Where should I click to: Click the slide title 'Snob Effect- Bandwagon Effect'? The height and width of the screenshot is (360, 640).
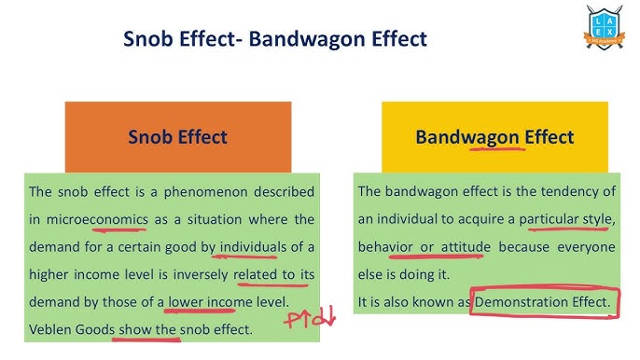click(x=275, y=39)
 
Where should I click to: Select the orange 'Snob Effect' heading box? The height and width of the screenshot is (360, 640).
click(x=177, y=137)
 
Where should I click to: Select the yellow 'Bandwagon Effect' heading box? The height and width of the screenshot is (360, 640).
click(x=494, y=137)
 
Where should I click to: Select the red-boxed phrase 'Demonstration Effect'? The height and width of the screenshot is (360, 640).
click(x=542, y=302)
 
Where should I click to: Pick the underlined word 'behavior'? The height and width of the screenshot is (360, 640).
click(x=385, y=247)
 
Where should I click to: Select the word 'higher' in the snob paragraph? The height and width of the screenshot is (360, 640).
click(x=49, y=274)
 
